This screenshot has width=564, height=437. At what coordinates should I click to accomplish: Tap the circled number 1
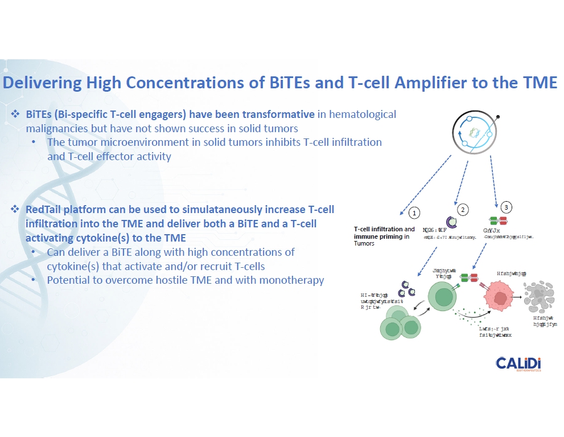coord(415,213)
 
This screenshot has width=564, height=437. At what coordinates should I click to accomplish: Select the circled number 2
coord(463,210)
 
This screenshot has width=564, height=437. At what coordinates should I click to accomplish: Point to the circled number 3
coord(507,206)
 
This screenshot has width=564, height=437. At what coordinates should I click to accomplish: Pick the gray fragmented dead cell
coord(540,293)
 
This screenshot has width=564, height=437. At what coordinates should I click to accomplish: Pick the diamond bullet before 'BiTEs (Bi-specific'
coord(16,114)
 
